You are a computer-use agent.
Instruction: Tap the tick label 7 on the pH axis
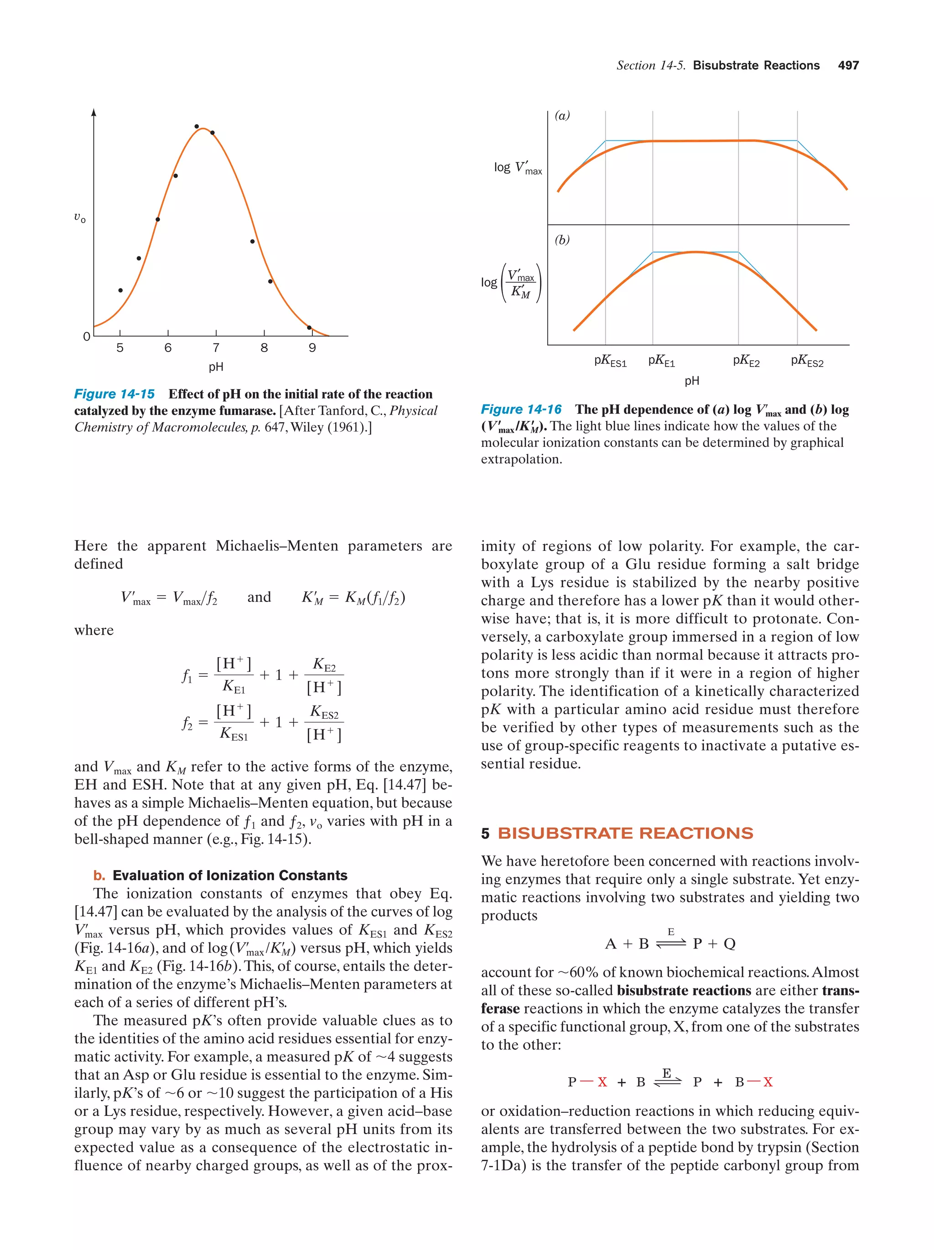pyautogui.click(x=216, y=348)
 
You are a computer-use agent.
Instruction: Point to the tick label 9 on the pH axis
pyautogui.click(x=312, y=348)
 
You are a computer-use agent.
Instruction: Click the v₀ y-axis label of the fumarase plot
pyautogui.click(x=80, y=218)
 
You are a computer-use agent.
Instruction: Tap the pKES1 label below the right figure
pyautogui.click(x=610, y=361)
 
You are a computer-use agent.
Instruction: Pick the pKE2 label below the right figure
pyautogui.click(x=746, y=361)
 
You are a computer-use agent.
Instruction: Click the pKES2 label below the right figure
pyautogui.click(x=807, y=361)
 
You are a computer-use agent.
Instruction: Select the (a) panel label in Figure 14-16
pyautogui.click(x=562, y=116)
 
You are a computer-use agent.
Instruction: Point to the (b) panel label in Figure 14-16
pyautogui.click(x=562, y=240)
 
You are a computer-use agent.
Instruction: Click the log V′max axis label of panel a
pyautogui.click(x=518, y=168)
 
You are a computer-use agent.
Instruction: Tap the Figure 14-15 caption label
pyautogui.click(x=114, y=394)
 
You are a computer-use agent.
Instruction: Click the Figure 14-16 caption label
pyautogui.click(x=521, y=409)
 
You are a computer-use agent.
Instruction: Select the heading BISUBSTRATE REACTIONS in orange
pyautogui.click(x=625, y=833)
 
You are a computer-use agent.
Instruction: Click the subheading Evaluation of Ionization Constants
pyautogui.click(x=229, y=875)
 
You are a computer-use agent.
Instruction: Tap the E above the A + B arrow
pyautogui.click(x=671, y=932)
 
